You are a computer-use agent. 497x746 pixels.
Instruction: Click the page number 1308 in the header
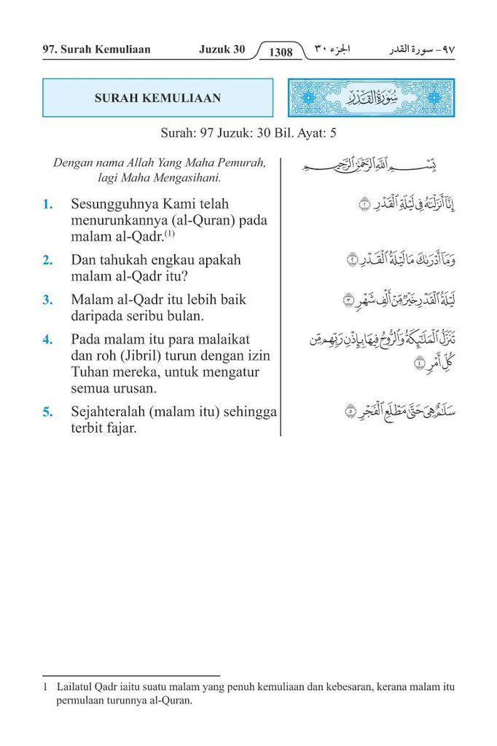[281, 52]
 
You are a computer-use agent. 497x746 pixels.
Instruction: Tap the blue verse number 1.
[47, 205]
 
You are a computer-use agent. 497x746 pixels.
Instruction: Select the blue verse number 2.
[47, 260]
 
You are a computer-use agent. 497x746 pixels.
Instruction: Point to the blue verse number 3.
[47, 299]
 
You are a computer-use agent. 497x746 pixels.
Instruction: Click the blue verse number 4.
[47, 339]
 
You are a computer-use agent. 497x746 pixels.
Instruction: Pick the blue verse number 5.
[47, 412]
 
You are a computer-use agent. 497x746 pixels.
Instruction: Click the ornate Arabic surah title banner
[371, 98]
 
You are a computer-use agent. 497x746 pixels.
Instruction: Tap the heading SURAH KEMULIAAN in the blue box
[157, 98]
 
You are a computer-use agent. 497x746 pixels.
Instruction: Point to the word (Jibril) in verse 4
[151, 356]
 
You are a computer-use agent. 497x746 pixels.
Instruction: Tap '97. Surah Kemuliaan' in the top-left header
[97, 50]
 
